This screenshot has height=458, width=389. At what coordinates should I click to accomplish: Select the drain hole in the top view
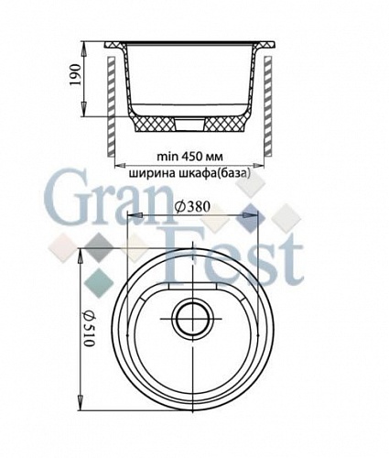pyautogui.click(x=191, y=321)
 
